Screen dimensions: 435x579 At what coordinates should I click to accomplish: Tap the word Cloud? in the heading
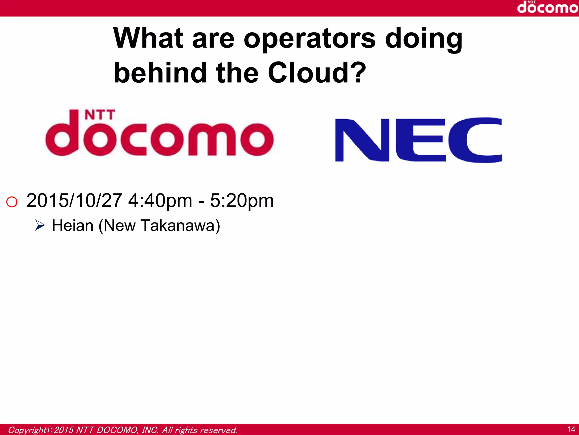click(x=317, y=73)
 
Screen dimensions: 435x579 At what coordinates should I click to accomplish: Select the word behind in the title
click(x=160, y=73)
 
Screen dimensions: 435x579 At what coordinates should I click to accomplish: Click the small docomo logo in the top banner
click(x=547, y=7)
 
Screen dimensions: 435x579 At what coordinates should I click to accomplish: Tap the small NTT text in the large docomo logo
click(x=100, y=115)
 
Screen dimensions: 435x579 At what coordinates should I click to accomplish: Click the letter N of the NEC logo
click(x=362, y=140)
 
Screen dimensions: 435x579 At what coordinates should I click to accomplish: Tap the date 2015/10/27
click(x=74, y=201)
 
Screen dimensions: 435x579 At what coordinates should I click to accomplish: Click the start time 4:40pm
click(x=160, y=201)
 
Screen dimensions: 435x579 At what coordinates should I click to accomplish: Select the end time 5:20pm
click(x=242, y=201)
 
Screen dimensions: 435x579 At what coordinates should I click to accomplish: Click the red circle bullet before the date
click(x=12, y=202)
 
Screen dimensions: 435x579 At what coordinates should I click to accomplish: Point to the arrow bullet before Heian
click(x=40, y=225)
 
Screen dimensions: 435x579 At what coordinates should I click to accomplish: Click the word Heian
click(x=73, y=226)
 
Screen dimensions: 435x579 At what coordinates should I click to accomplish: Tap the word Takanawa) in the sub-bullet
click(x=180, y=226)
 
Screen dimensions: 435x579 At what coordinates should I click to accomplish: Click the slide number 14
click(x=571, y=429)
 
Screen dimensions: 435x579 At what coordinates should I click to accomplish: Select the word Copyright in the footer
click(x=27, y=430)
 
